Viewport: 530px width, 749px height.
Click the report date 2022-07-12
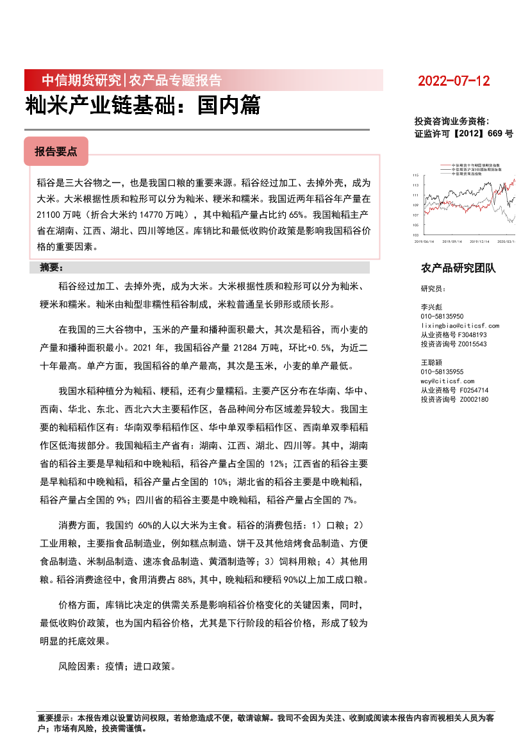coord(454,81)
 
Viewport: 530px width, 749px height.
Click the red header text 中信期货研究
coord(81,81)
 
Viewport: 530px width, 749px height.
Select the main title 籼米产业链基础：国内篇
coord(143,106)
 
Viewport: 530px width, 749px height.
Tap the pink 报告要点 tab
coord(56,151)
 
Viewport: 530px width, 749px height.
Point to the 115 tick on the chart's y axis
coord(416,175)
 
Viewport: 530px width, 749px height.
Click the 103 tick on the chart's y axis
coord(416,236)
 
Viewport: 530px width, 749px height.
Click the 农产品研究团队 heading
coord(458,268)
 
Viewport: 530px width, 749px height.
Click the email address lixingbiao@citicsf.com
coord(460,325)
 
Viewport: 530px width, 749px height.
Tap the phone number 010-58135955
coord(442,372)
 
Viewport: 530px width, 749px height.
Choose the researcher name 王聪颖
coord(432,363)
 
